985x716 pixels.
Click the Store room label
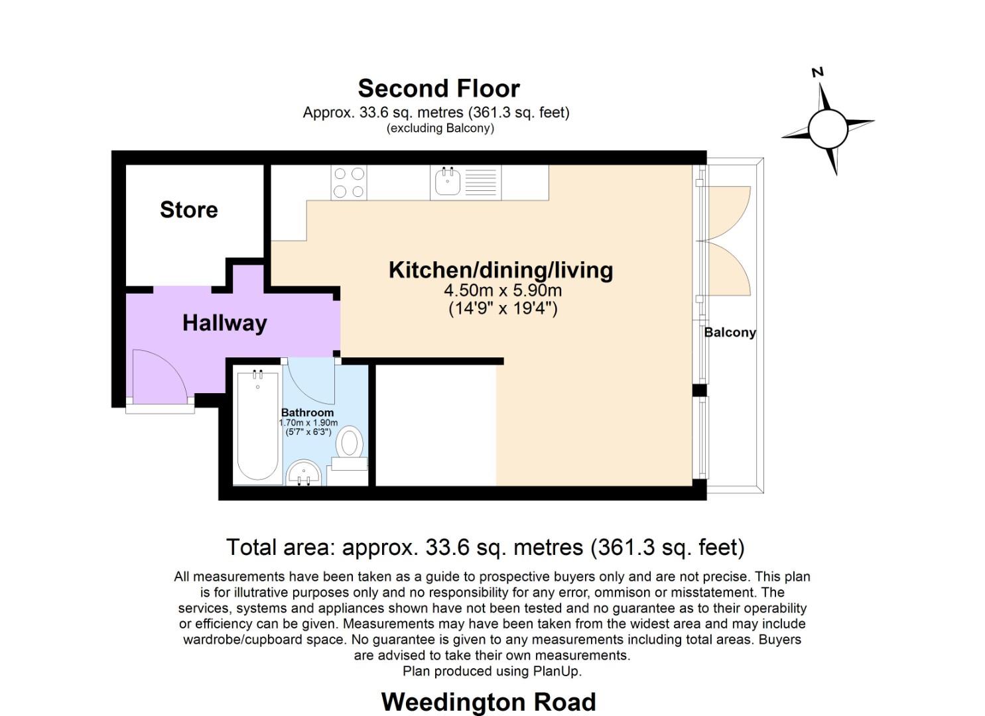tap(188, 209)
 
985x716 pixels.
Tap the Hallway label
tap(225, 323)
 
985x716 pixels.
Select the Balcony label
tap(730, 332)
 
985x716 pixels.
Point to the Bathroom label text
tap(307, 413)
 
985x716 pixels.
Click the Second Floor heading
tap(439, 88)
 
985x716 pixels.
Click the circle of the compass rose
tap(828, 129)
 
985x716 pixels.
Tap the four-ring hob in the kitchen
tap(349, 182)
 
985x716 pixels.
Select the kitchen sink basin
tap(448, 182)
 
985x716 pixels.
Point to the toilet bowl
tap(350, 442)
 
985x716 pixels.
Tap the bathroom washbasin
tap(303, 473)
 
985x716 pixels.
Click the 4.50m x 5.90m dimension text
tap(503, 290)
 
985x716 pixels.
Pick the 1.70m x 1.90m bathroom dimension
tap(308, 423)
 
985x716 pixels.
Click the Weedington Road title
tap(489, 702)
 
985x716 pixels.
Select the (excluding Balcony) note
tap(440, 129)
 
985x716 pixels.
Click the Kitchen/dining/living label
tap(501, 270)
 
